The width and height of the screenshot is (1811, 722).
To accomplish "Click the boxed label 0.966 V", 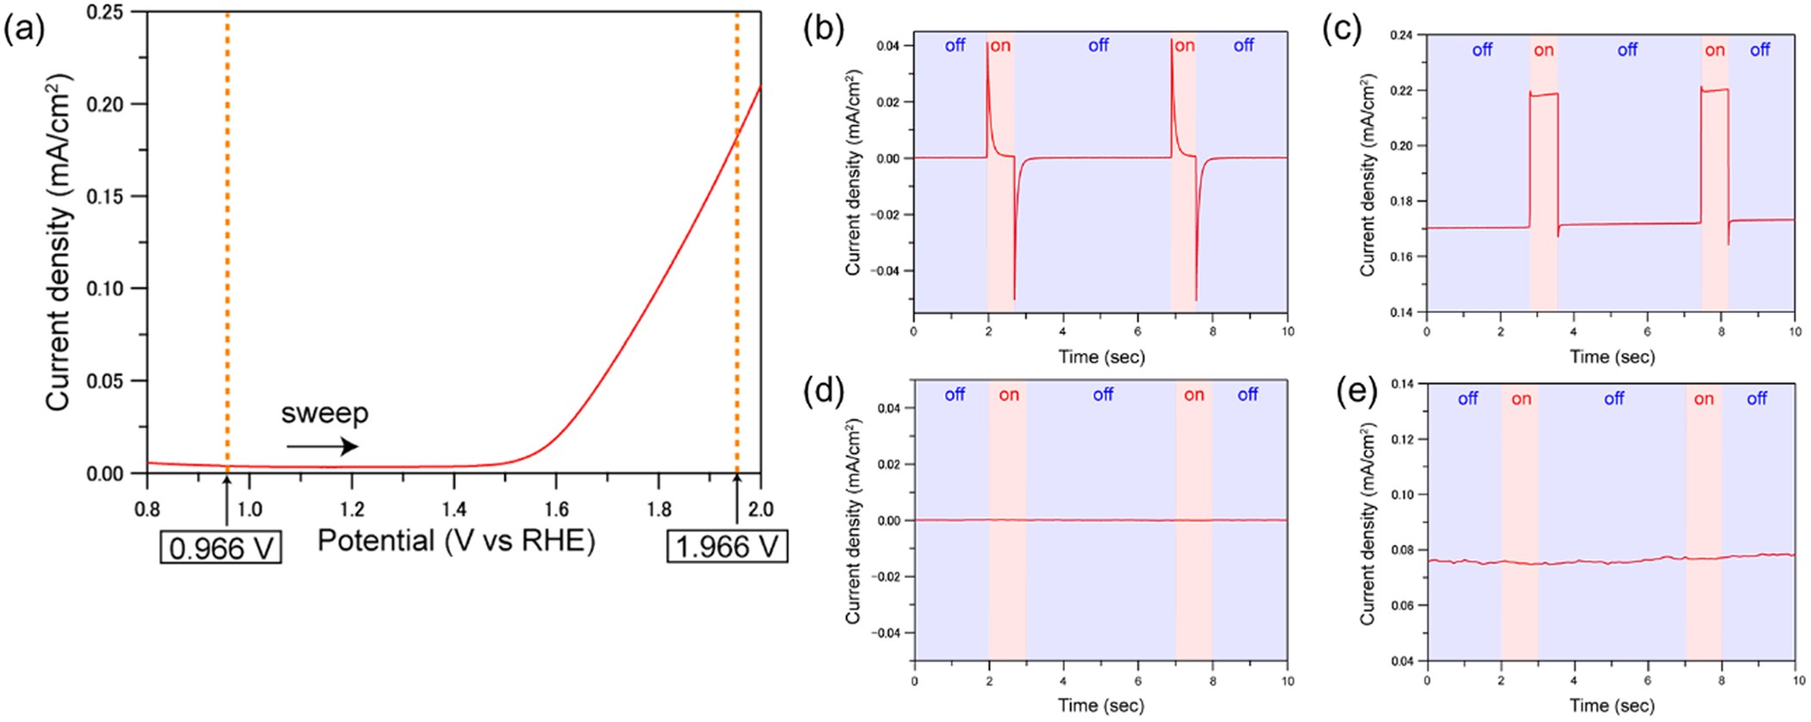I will tap(221, 548).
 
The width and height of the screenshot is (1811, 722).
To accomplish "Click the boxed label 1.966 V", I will tap(727, 546).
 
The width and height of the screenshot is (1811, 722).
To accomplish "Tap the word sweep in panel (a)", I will tap(324, 413).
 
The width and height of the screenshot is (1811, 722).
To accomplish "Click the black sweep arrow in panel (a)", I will tap(322, 446).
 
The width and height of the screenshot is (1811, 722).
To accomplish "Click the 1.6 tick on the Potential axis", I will tap(556, 509).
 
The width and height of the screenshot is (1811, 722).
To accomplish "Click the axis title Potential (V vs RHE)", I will tap(456, 541).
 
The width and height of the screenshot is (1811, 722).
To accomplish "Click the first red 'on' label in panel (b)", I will tap(1000, 46).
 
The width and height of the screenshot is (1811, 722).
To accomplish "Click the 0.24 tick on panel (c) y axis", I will tap(1401, 35).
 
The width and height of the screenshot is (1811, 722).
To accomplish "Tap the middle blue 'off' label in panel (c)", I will tap(1627, 50).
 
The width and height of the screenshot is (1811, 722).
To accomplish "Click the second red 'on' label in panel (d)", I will tap(1194, 395).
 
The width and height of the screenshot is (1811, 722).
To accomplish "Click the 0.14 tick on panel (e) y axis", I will tap(1401, 384).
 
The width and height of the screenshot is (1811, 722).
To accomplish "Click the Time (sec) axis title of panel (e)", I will tap(1612, 706).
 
